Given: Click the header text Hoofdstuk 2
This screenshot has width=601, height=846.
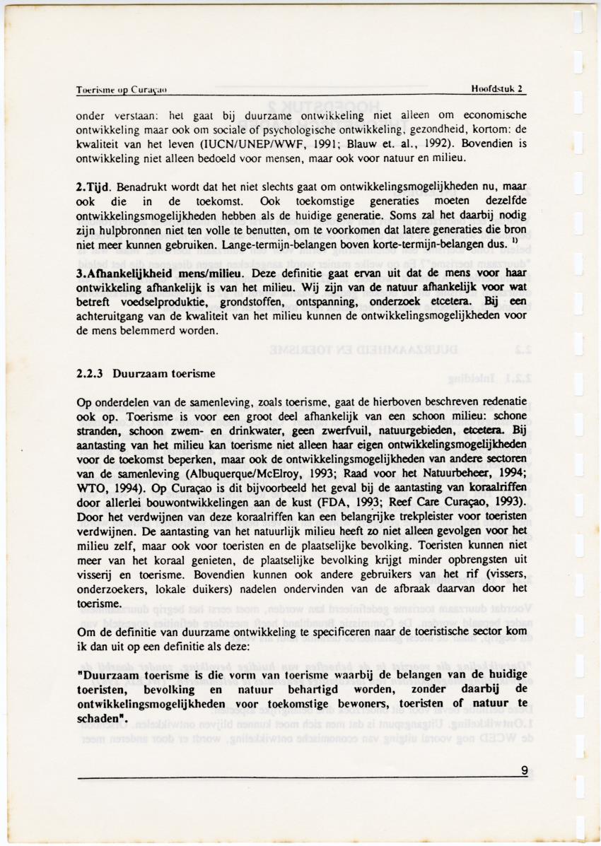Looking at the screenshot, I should [x=498, y=89].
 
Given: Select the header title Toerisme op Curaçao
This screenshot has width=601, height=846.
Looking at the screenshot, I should [x=121, y=90].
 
